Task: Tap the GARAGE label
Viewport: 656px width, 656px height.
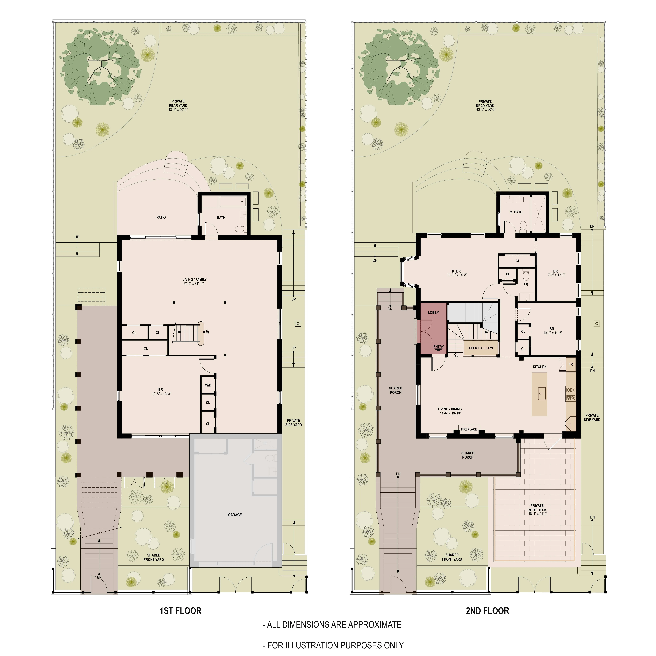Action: (235, 515)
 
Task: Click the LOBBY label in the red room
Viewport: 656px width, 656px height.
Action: (433, 312)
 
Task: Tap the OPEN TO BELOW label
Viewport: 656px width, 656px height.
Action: (481, 348)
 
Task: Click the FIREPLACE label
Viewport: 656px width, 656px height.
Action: (469, 429)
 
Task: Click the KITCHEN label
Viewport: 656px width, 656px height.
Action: (540, 367)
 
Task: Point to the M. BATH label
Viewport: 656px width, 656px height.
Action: (516, 212)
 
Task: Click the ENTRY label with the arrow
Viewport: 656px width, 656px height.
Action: (438, 347)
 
